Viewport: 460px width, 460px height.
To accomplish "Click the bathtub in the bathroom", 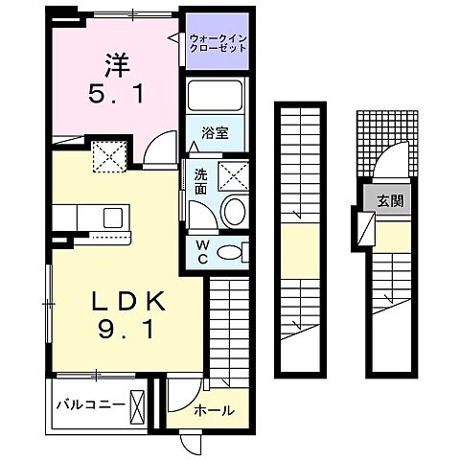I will tap(216, 98).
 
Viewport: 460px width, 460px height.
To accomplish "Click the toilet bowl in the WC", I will tap(231, 253).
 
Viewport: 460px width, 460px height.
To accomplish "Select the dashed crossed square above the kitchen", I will tap(107, 156).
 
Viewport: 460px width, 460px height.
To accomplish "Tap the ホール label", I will tap(214, 411).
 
